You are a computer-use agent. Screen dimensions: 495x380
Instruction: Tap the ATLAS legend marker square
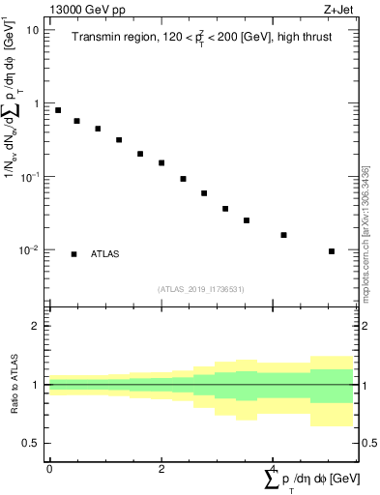[74, 254]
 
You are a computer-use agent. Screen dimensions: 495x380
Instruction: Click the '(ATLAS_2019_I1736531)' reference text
[201, 289]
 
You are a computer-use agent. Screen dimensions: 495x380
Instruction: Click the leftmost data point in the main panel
[58, 110]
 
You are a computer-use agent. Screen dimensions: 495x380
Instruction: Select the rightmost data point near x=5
[331, 251]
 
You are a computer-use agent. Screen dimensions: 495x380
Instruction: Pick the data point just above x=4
[283, 235]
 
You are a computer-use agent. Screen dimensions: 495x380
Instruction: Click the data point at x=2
[161, 162]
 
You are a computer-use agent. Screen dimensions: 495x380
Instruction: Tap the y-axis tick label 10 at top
[33, 30]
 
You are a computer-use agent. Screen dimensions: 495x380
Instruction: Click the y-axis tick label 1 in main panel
[37, 103]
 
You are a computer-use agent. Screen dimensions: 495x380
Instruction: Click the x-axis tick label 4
[274, 469]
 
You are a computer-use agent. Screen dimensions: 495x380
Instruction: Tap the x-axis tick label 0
[49, 469]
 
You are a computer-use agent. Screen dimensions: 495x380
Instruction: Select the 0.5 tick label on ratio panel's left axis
[33, 443]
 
